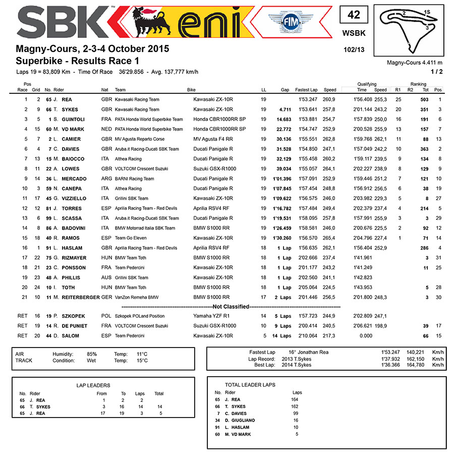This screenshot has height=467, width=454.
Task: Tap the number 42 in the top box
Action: coord(354,15)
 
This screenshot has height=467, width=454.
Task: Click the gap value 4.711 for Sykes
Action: coord(285,109)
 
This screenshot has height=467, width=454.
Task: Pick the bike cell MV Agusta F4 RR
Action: coord(213,139)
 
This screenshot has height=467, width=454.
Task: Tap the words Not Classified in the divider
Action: coord(231,307)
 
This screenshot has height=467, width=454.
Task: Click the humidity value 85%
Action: coord(91,354)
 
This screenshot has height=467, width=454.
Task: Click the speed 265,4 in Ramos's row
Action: coord(329,238)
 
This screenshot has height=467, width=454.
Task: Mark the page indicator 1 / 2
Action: coord(436,72)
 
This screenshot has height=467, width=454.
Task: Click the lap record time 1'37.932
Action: coord(391,359)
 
